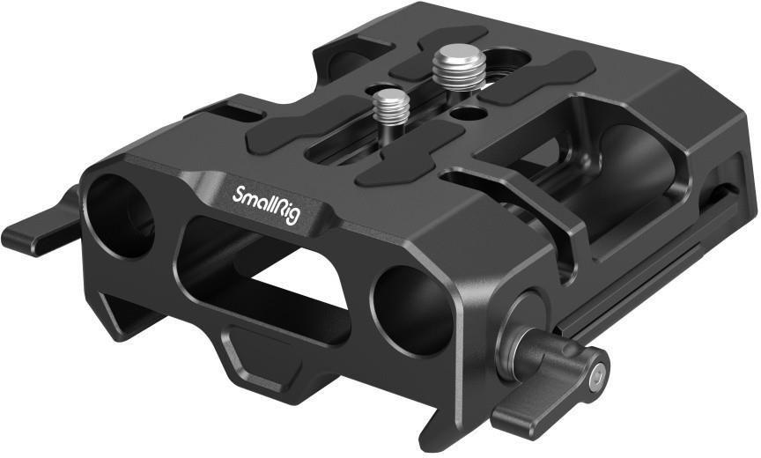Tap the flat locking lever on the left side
pos(35,230)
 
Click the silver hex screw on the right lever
pos(598,373)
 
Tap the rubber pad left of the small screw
pos(291,133)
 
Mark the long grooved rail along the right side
pos(634,282)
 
